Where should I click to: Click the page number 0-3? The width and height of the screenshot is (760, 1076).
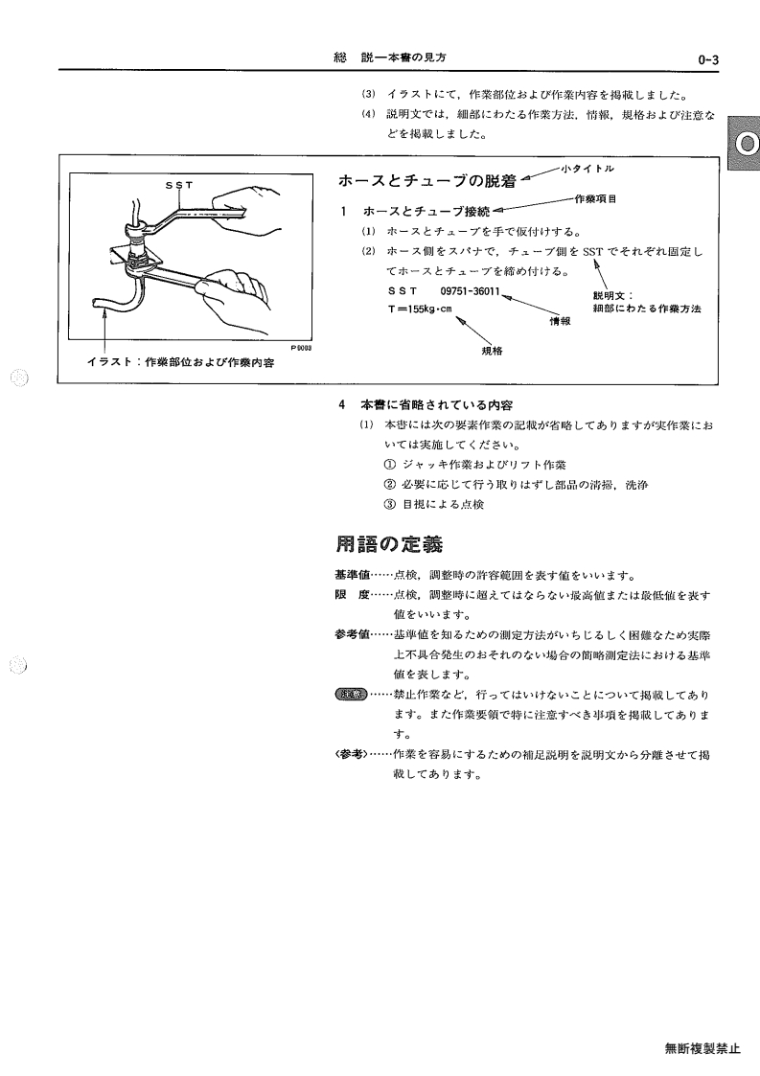[x=708, y=59]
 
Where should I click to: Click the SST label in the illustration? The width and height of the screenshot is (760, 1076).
[x=179, y=185]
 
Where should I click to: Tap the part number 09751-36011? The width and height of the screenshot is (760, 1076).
[x=470, y=291]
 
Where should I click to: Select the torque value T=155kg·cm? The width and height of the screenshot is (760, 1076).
[x=420, y=309]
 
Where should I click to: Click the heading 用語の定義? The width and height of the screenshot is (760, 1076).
[x=389, y=544]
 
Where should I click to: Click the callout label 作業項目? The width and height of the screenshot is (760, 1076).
[x=595, y=199]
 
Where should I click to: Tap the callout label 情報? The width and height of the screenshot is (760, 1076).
[x=560, y=321]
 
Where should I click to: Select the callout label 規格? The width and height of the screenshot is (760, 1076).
[x=493, y=351]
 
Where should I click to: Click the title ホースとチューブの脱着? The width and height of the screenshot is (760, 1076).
[x=427, y=181]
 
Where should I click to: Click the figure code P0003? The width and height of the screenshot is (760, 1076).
[x=301, y=348]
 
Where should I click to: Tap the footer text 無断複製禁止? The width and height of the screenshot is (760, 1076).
[x=702, y=1048]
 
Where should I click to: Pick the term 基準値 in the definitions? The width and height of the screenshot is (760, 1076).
[x=352, y=575]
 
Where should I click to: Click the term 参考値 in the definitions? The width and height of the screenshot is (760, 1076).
[x=352, y=634]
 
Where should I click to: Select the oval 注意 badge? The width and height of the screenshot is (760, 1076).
[x=352, y=695]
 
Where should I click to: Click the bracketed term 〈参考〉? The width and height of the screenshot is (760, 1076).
[x=352, y=754]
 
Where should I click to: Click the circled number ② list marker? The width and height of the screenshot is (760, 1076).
[x=390, y=485]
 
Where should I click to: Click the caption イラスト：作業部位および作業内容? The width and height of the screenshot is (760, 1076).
[x=180, y=362]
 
